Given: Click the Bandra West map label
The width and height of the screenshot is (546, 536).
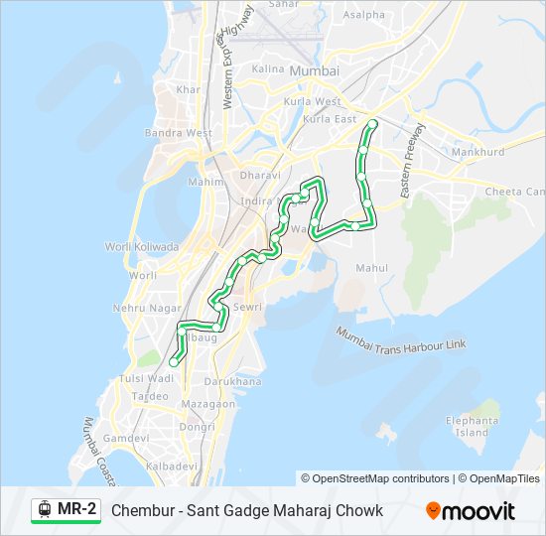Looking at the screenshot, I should click(179, 133).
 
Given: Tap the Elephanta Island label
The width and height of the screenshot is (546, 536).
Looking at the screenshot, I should click(472, 427).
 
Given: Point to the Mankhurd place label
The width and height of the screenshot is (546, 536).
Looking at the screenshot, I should click(478, 153).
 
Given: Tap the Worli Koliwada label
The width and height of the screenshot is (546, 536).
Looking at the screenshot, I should click(142, 246).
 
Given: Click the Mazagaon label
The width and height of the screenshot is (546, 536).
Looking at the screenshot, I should click(208, 404).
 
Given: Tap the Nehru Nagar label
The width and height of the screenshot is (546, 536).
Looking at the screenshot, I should click(144, 309).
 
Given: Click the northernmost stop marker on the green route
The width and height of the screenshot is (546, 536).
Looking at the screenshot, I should click(372, 124).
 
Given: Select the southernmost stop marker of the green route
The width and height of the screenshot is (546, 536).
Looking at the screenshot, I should click(174, 362).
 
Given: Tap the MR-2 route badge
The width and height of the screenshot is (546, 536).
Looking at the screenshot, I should click(67, 510).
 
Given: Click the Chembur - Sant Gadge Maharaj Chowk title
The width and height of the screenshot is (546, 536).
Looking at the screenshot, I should click(247, 510).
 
